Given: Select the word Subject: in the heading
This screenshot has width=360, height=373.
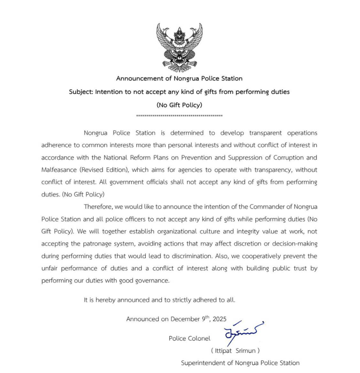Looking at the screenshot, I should [81, 92].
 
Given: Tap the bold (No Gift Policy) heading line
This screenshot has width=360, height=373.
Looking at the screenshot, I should [179, 105].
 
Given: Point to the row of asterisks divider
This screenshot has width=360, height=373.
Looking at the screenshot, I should [179, 116].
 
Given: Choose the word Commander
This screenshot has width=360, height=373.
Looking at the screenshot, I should [266, 207].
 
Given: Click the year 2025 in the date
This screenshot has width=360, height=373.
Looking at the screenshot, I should [220, 319].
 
